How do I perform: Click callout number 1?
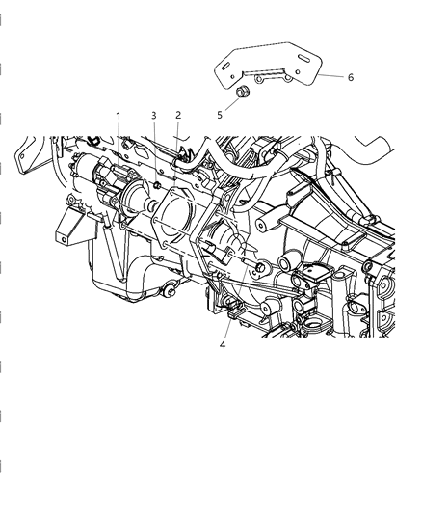(x=119, y=117)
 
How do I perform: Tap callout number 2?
(x=178, y=116)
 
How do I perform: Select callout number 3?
(x=153, y=117)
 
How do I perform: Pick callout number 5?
(x=219, y=115)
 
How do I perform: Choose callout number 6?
(x=351, y=77)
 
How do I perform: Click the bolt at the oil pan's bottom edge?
(x=169, y=292)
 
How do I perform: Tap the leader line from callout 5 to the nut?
(x=228, y=105)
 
